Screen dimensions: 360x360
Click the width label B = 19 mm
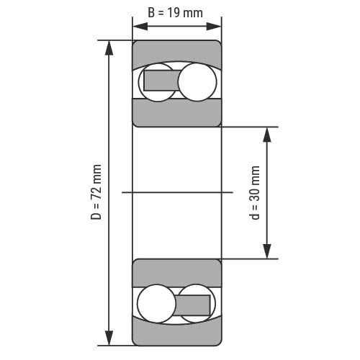175,13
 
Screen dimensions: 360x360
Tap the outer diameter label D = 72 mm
96,192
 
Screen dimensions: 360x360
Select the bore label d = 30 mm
255,192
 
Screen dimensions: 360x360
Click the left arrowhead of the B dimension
140,27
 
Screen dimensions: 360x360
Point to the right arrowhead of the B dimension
214,27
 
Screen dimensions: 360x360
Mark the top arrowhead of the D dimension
109,48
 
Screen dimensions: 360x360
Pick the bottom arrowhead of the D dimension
109,338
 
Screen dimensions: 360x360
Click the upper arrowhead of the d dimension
267,135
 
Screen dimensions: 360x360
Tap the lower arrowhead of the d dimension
267,251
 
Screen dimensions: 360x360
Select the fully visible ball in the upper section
197,82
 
